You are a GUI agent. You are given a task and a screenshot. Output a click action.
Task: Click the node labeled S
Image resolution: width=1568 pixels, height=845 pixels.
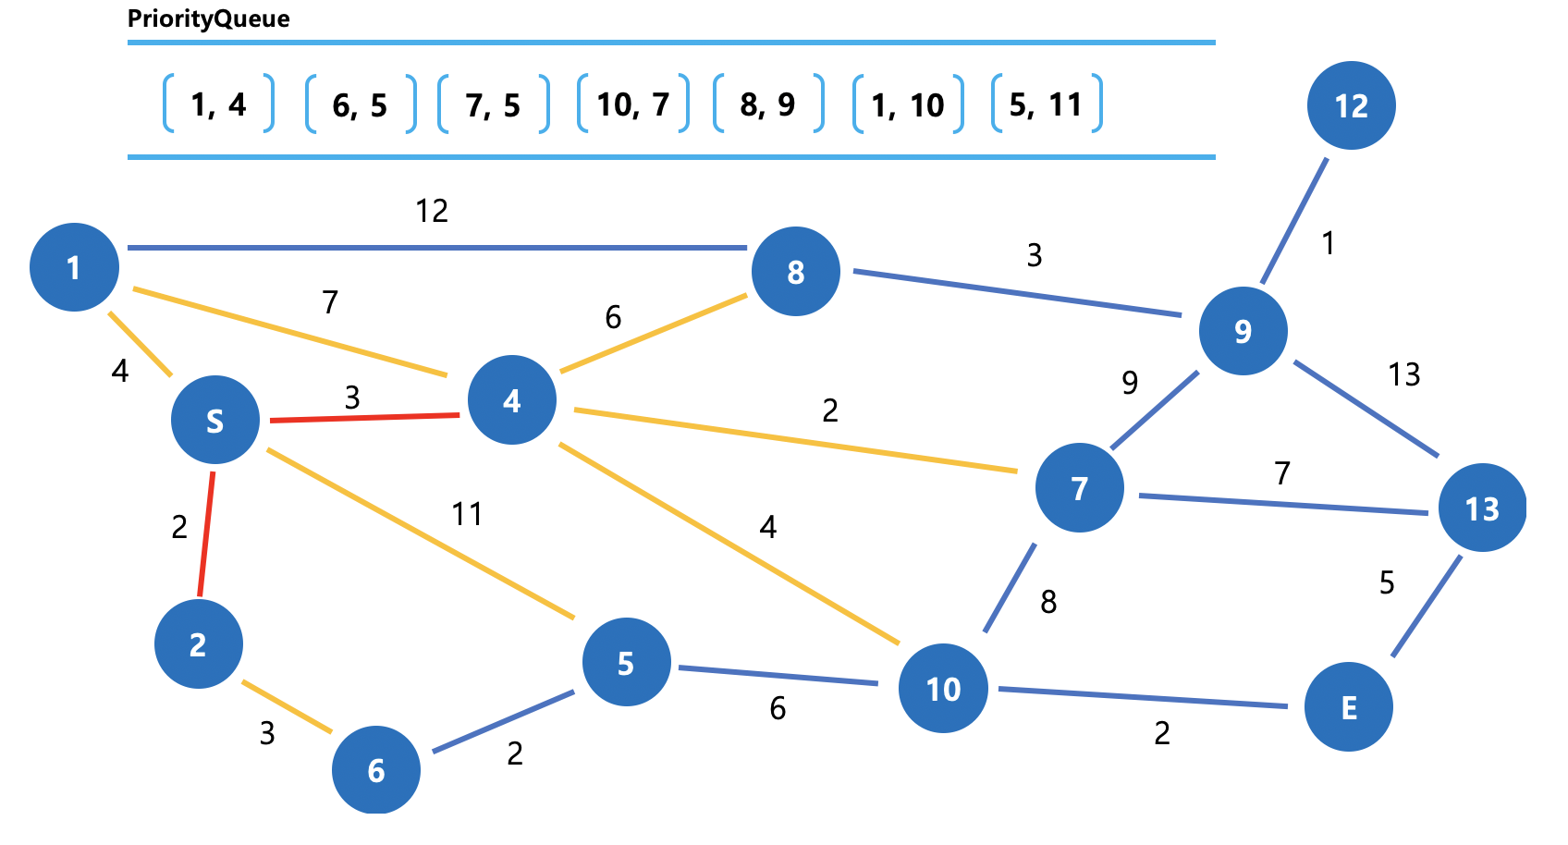click(x=215, y=421)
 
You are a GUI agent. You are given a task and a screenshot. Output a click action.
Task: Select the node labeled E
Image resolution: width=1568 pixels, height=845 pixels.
click(x=1348, y=707)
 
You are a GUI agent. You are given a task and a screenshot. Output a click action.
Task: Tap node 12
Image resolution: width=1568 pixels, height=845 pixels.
click(x=1351, y=105)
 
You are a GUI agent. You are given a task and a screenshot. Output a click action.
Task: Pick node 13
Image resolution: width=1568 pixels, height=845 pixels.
click(x=1482, y=508)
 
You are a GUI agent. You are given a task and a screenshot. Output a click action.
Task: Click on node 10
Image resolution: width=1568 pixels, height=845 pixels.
click(x=943, y=689)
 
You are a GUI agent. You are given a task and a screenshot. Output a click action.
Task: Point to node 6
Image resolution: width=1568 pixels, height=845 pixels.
click(x=376, y=770)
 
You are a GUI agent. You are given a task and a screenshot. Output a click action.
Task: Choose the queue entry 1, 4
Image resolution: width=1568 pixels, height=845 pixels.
click(x=219, y=104)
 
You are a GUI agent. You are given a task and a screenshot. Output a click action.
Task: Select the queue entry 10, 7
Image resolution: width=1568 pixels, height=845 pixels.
click(x=633, y=104)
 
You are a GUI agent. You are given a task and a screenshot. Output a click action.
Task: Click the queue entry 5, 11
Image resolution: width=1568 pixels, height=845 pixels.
click(x=1046, y=104)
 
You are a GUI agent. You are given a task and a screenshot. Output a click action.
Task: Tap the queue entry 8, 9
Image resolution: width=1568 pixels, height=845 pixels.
click(x=767, y=104)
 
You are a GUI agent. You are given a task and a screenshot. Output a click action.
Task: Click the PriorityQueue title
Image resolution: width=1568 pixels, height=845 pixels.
click(x=209, y=18)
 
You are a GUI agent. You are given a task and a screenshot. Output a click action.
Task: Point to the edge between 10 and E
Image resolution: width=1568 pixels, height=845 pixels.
click(x=1143, y=697)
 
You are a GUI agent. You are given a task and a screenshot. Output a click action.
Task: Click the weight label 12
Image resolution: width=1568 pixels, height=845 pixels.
click(x=432, y=211)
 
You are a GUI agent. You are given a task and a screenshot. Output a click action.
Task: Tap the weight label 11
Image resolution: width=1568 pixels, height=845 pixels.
click(x=467, y=513)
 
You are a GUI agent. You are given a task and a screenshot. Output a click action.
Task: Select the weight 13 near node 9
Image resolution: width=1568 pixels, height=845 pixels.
click(x=1403, y=374)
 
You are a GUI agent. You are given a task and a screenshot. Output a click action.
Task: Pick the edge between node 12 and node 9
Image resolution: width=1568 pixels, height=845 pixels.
click(x=1294, y=221)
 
